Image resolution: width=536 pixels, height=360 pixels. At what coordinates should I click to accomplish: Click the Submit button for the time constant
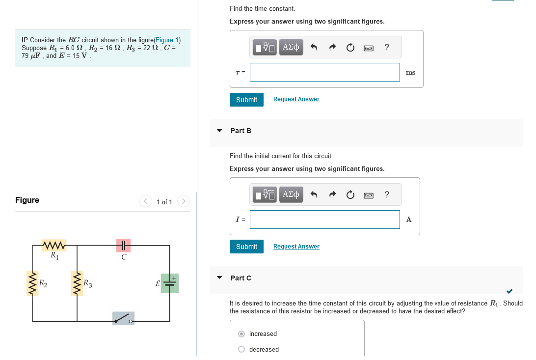click(x=246, y=100)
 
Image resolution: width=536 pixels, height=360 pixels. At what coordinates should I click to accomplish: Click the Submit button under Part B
click(x=246, y=247)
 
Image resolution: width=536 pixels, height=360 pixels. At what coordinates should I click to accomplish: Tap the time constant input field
click(x=324, y=72)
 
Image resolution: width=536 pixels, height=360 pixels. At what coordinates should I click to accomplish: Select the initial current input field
click(x=324, y=220)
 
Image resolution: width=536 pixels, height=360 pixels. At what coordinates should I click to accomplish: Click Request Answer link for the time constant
click(x=296, y=99)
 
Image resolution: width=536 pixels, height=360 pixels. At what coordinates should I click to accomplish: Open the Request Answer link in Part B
click(x=296, y=247)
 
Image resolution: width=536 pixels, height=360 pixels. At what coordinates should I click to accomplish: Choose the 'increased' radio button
click(x=241, y=334)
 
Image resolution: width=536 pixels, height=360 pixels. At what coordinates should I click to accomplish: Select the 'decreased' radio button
click(x=241, y=350)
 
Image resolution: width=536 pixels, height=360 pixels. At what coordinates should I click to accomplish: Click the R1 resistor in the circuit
click(x=54, y=245)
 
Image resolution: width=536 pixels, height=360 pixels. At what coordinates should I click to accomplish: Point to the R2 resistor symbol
click(x=33, y=284)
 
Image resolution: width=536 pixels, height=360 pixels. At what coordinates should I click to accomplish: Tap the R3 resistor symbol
click(x=77, y=284)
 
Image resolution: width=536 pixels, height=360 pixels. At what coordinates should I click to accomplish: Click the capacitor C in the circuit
click(x=124, y=245)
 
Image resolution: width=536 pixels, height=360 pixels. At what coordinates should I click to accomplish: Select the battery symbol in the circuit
click(x=170, y=283)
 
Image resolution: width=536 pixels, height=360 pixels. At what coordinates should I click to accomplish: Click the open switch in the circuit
click(x=123, y=318)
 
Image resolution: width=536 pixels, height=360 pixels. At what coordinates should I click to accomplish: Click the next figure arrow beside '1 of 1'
click(x=183, y=201)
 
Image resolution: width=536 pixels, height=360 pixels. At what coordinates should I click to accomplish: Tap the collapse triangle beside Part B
click(x=219, y=131)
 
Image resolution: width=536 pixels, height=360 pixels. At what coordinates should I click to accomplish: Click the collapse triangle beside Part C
click(x=219, y=278)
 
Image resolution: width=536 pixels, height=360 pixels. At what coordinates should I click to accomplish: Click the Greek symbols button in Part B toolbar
click(x=291, y=194)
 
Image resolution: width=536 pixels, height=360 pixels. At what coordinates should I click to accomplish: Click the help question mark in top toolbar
click(x=387, y=47)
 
